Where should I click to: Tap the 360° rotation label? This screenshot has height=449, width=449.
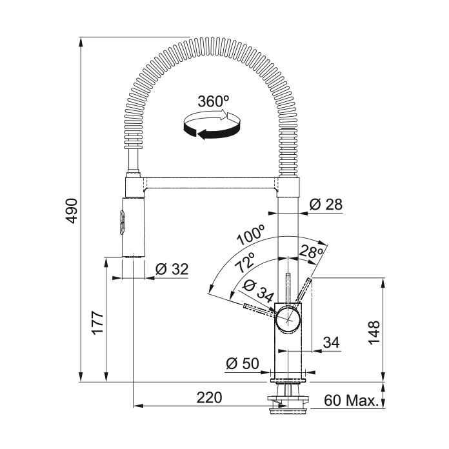[x=214, y=101]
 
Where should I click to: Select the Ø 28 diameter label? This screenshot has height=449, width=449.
[x=326, y=205]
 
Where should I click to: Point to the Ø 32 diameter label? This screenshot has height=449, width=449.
[x=172, y=269]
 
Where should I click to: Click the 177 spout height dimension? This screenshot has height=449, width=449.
[x=97, y=323]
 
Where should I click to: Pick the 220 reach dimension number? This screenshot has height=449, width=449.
[x=209, y=397]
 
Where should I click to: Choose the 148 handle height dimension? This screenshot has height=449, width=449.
[x=374, y=332]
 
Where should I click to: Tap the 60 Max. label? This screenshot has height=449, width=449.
[x=352, y=401]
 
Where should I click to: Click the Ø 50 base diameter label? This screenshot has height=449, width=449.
[x=243, y=363]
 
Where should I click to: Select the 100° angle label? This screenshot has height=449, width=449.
[x=251, y=235]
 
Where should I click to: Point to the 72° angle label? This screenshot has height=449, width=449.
[x=245, y=263]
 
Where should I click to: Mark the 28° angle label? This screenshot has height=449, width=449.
[x=311, y=252]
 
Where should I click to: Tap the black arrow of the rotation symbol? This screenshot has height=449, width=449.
[x=212, y=131]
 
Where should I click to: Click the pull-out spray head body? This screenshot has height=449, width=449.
[x=133, y=227]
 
